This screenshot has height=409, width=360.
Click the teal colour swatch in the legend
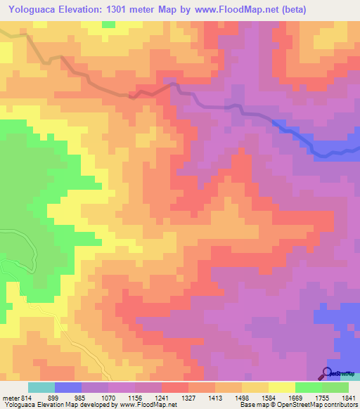(41, 387)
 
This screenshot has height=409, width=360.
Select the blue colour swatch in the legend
(68, 387)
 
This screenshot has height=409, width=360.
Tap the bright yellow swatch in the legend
(282, 387)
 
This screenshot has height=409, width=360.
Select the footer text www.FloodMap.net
(147, 405)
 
